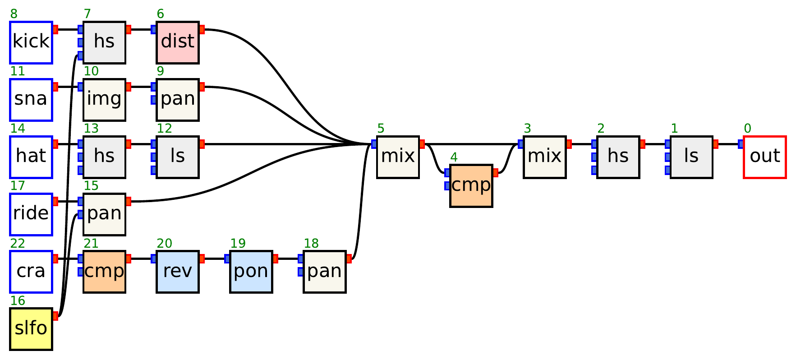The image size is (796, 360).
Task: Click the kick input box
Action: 31,42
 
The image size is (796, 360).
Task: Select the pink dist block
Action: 178,42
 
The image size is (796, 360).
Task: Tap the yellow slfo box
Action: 31,329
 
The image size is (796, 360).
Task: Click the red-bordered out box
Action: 764,157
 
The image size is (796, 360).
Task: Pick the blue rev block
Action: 178,272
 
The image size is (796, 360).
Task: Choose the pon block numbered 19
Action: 251,272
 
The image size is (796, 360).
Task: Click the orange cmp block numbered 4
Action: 471,186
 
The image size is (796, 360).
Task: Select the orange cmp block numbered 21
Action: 104,272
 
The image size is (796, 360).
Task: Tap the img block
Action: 104,100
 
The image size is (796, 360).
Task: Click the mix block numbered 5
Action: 398,157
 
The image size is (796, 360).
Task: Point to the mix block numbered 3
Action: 544,157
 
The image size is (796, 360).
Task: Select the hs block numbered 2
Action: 618,157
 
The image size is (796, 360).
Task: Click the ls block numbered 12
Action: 178,157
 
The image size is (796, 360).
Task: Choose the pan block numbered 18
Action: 325,272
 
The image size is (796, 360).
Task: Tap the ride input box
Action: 31,214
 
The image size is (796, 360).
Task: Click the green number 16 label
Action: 18,301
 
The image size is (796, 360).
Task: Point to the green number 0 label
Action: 747,129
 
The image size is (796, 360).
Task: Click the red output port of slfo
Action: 55,316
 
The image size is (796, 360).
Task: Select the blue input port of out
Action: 741,144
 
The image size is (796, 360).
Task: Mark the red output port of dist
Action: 202,30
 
